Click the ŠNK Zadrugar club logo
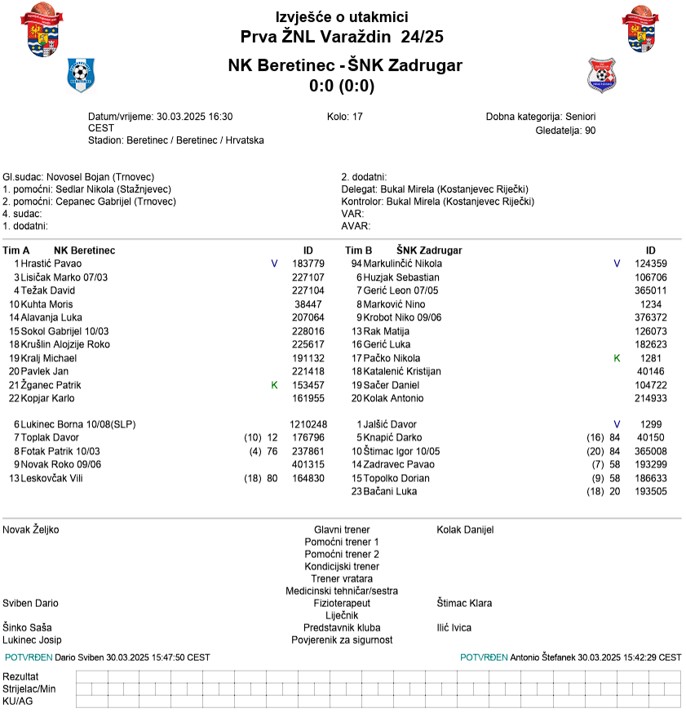602,75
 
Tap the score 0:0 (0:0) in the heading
342,86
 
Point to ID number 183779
308,263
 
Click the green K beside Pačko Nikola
617,358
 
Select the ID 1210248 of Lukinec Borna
308,424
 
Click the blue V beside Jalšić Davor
617,424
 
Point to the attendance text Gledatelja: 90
565,130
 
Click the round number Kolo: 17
344,117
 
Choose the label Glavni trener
342,529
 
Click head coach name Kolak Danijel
465,529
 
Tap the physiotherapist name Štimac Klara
464,604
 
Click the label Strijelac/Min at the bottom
29,689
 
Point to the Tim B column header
359,250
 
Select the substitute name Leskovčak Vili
51,478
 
